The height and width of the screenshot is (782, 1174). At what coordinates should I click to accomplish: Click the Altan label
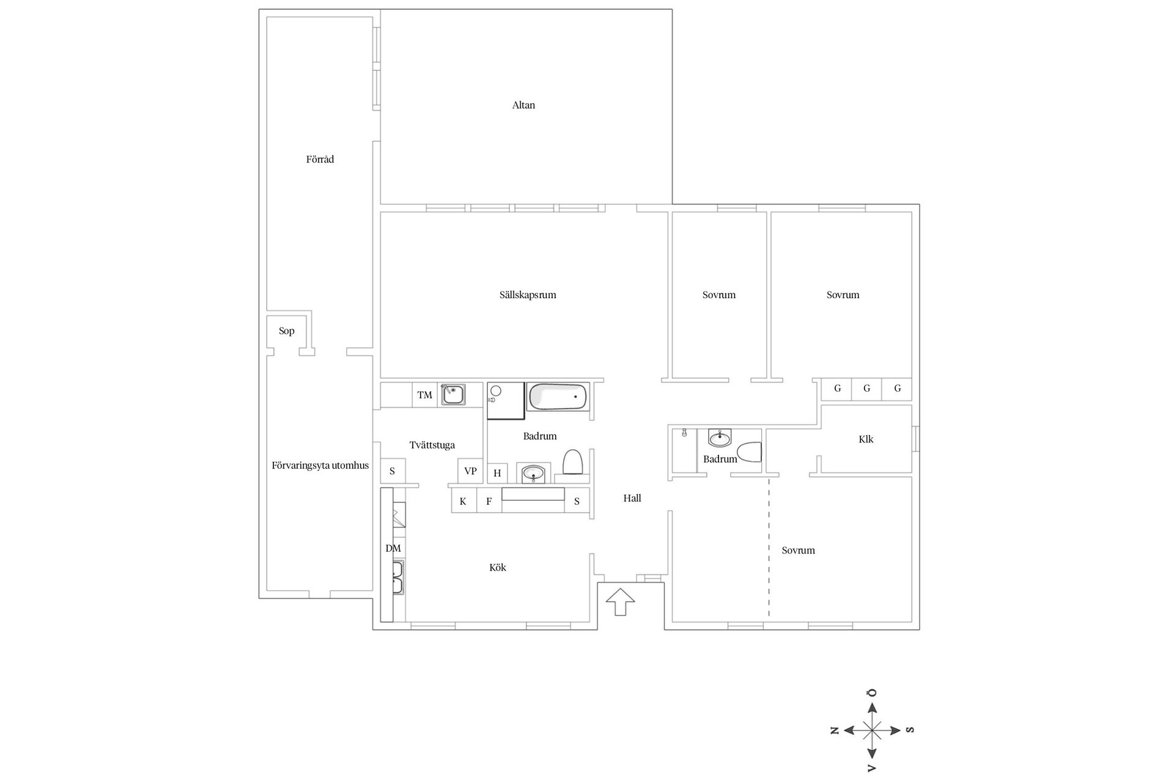523,105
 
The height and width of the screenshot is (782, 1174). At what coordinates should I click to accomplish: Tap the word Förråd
320,159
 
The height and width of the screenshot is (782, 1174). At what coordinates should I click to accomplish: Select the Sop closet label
286,331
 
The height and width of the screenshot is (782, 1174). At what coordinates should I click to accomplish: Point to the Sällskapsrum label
528,295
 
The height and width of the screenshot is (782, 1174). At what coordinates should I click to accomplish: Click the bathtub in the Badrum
557,396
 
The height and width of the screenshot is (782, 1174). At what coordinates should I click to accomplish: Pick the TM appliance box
424,395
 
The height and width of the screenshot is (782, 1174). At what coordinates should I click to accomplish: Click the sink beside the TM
452,394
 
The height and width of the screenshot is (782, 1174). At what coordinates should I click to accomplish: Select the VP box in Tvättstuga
470,471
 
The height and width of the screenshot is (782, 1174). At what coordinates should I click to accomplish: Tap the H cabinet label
497,473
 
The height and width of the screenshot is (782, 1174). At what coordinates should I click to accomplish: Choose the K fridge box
463,502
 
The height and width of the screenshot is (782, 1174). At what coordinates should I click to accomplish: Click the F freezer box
489,502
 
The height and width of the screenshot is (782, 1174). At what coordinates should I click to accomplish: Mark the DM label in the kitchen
393,549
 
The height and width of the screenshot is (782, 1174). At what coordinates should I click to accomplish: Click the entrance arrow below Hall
620,601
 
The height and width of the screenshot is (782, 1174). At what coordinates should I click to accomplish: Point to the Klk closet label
866,439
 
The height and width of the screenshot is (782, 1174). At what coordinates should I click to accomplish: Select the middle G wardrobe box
866,389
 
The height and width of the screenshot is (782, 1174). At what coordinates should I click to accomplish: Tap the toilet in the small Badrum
749,452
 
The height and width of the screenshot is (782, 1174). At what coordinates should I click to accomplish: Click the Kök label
498,568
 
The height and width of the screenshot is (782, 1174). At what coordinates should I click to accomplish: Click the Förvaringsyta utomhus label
320,466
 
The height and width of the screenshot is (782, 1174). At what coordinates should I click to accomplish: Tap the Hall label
632,499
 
